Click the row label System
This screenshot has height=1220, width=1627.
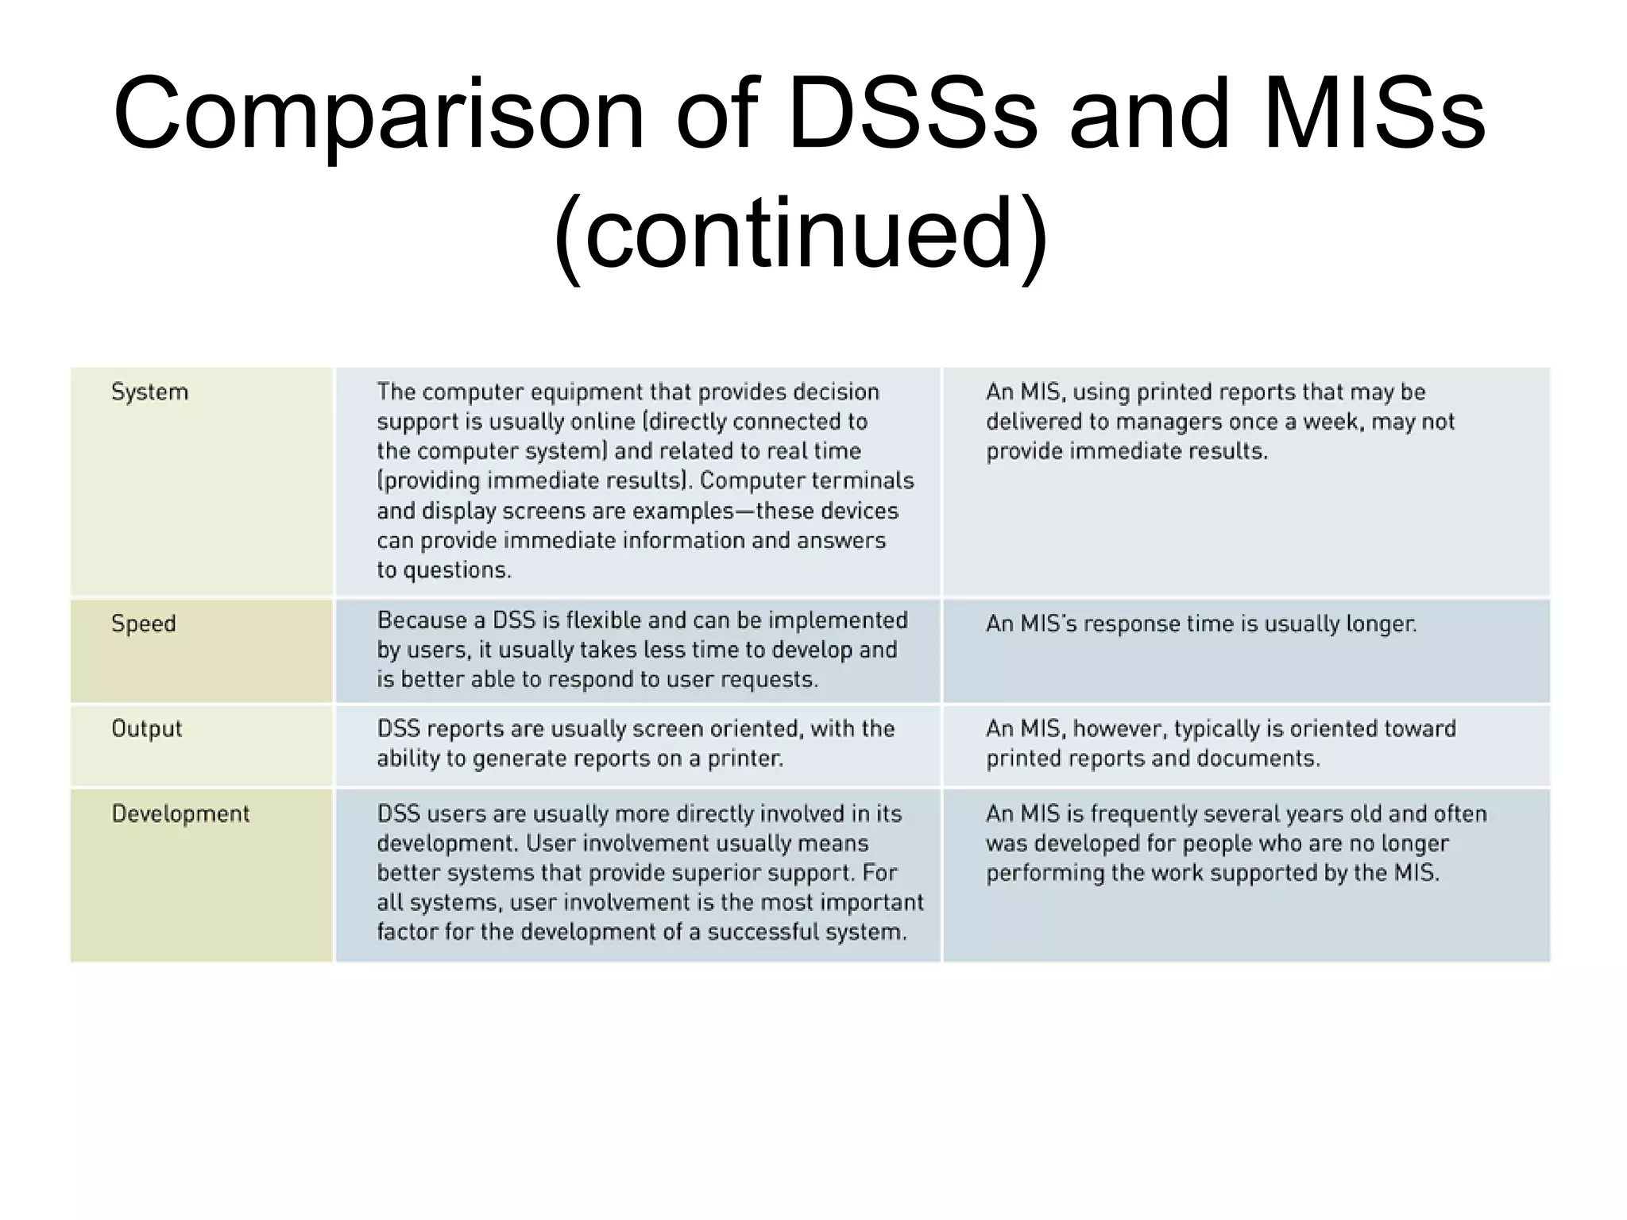(149, 392)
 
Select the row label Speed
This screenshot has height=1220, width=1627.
(143, 624)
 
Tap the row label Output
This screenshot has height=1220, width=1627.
(146, 728)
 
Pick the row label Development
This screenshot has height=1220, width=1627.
(180, 813)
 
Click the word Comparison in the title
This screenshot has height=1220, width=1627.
(378, 116)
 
